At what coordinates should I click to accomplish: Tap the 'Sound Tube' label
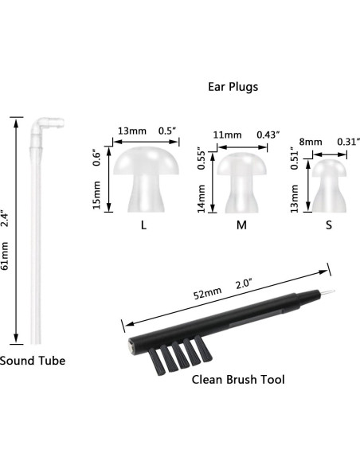tap(33, 361)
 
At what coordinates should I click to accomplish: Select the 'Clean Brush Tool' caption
tap(238, 379)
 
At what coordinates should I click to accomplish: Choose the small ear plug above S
tap(327, 186)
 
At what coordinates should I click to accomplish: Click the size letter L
tap(143, 225)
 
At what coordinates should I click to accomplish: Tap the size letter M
tap(241, 225)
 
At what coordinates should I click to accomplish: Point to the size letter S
tap(328, 225)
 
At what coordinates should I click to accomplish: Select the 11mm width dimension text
tap(227, 135)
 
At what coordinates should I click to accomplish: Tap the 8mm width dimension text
tap(311, 141)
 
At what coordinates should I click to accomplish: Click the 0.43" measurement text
tap(268, 135)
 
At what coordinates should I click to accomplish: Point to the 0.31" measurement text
tap(348, 141)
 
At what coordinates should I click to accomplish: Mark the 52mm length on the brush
tap(208, 292)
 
